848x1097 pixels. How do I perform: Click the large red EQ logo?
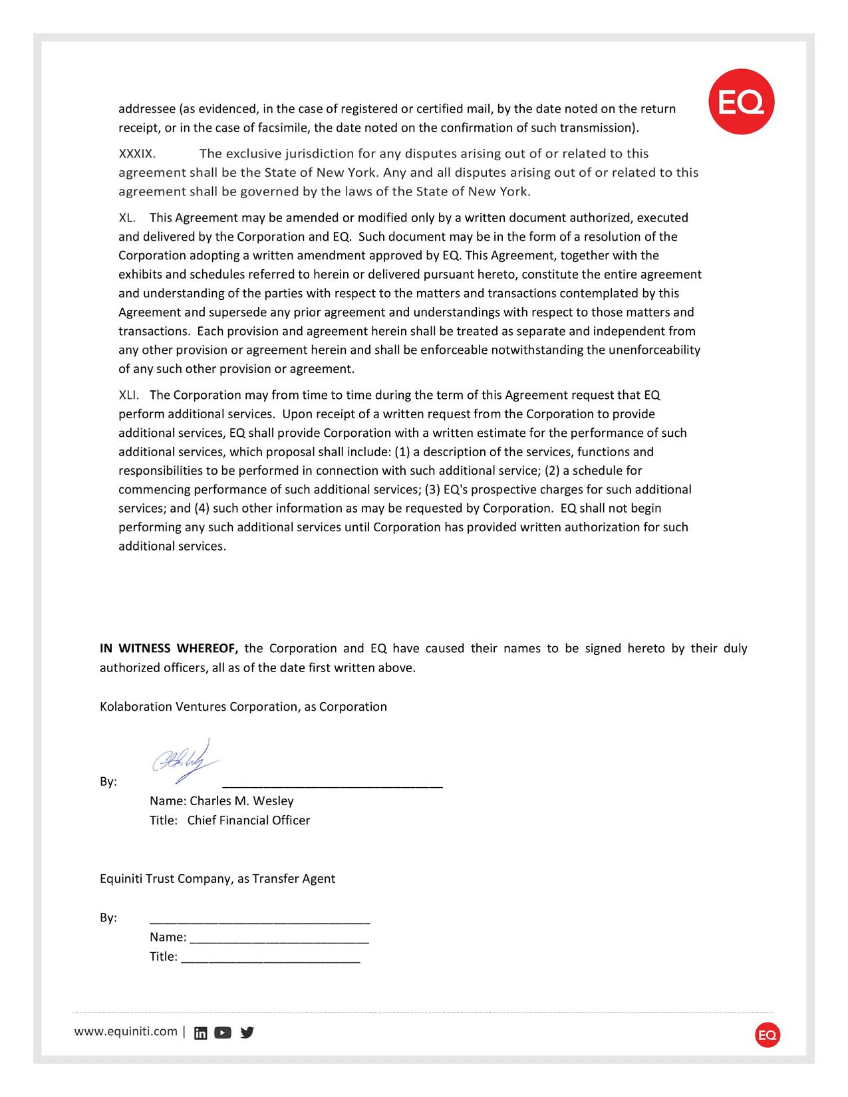point(741,102)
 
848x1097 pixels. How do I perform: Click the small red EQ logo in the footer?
point(768,1035)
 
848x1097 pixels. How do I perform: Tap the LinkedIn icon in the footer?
point(200,1033)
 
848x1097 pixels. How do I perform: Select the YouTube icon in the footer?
point(223,1033)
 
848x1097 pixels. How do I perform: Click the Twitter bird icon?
point(247,1033)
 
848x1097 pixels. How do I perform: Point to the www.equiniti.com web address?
point(126,1031)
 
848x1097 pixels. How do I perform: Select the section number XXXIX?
point(137,154)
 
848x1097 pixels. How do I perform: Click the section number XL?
point(127,217)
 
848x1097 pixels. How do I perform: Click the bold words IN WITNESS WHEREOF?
point(169,648)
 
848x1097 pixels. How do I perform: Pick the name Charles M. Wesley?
point(241,800)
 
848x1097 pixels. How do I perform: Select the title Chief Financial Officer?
point(249,820)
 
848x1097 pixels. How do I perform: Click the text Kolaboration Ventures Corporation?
point(200,707)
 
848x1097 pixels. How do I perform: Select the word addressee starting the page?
point(147,109)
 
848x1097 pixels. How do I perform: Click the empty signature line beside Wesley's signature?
point(332,785)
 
